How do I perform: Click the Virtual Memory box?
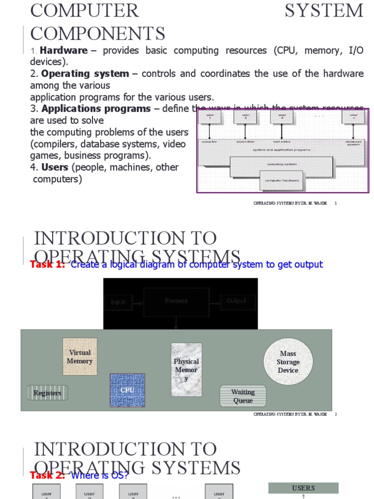pyautogui.click(x=80, y=357)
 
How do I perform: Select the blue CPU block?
pyautogui.click(x=127, y=390)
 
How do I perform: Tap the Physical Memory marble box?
pyautogui.click(x=187, y=369)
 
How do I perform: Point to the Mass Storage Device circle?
pyautogui.click(x=288, y=362)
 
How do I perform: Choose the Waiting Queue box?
pyautogui.click(x=243, y=396)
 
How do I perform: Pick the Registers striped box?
pyautogui.click(x=47, y=393)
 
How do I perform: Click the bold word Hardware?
pyautogui.click(x=64, y=51)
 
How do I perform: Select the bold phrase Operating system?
pyautogui.click(x=85, y=74)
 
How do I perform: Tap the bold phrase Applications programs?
pyautogui.click(x=96, y=109)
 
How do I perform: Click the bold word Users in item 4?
pyautogui.click(x=55, y=167)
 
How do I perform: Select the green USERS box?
pyautogui.click(x=303, y=488)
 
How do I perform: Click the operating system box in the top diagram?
pyautogui.click(x=281, y=165)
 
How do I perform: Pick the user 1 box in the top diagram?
pyautogui.click(x=210, y=117)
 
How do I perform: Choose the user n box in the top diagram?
pyautogui.click(x=353, y=117)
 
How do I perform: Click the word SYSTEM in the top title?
pyautogui.click(x=324, y=11)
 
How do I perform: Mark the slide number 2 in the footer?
pyautogui.click(x=336, y=414)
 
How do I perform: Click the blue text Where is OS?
pyautogui.click(x=99, y=475)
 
